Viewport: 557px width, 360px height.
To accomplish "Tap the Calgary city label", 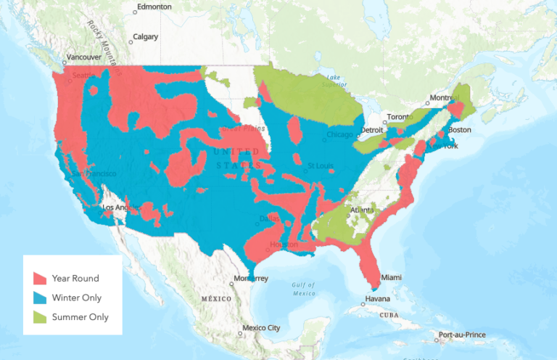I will click(145, 36).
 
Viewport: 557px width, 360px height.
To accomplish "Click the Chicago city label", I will click(339, 134).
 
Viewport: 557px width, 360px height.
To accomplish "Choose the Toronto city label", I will click(398, 117).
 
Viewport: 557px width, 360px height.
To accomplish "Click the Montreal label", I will click(445, 98).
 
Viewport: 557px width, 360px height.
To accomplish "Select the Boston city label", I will click(460, 129).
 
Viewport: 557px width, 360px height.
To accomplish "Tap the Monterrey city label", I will click(251, 279).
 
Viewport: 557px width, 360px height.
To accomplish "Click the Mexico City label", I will click(261, 328).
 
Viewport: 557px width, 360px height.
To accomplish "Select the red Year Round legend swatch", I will click(41, 278).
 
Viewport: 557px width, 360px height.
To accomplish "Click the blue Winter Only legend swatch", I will click(41, 298).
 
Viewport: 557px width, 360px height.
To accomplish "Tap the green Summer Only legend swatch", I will click(41, 317).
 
